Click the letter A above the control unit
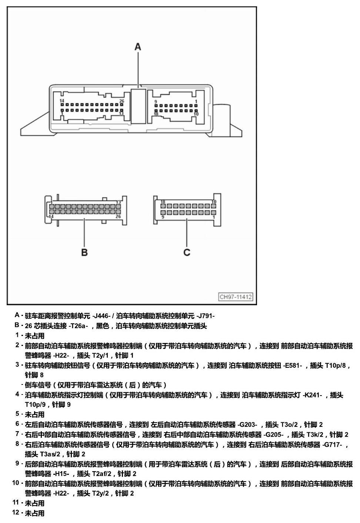(138, 47)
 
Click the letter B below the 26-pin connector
(84, 252)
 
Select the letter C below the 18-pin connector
(187, 252)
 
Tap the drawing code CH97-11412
(236, 297)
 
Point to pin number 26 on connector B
(119, 216)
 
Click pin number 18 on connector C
(163, 202)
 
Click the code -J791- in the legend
(206, 316)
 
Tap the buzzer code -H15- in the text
(61, 474)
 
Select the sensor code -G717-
(332, 444)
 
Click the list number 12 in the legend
(16, 513)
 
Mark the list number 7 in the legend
(17, 434)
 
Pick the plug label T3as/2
(50, 454)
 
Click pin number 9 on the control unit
(156, 102)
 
